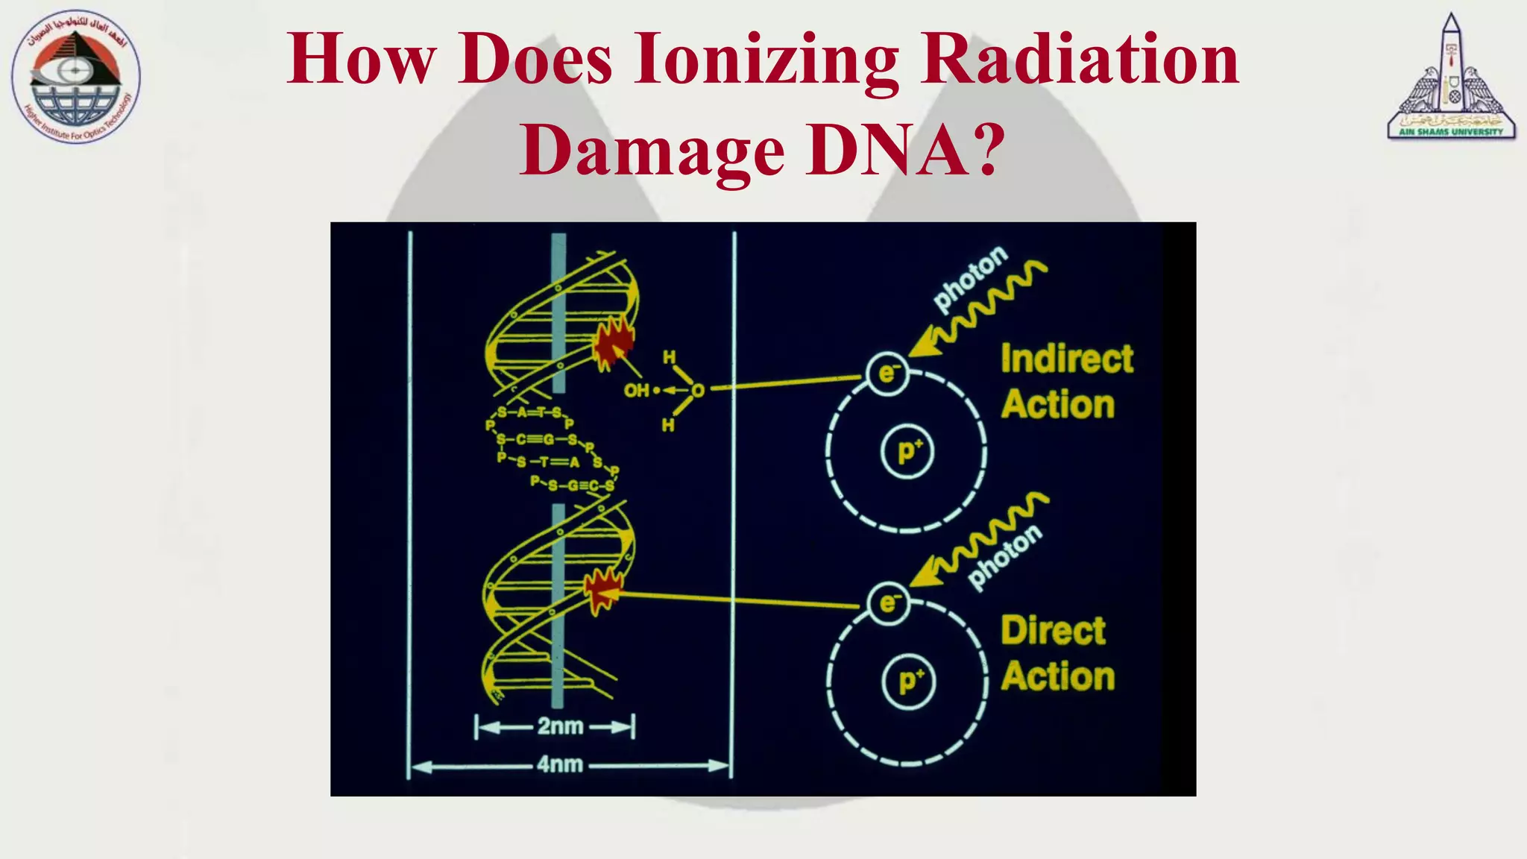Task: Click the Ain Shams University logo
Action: tap(1451, 78)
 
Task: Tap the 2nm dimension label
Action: tap(559, 726)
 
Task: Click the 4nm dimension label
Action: tap(559, 765)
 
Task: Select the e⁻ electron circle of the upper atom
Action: tap(887, 373)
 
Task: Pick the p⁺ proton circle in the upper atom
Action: tap(907, 452)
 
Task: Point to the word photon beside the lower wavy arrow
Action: tap(1004, 556)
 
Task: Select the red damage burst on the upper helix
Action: tap(613, 344)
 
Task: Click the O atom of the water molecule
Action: tap(697, 390)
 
